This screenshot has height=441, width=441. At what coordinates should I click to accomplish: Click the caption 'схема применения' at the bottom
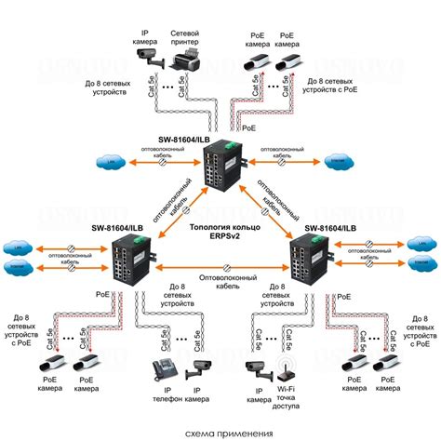tap(220, 433)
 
